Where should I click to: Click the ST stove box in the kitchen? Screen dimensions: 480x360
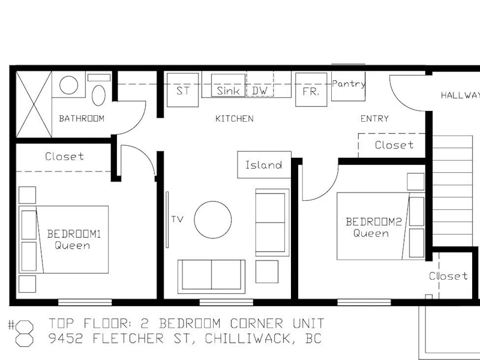(x=183, y=89)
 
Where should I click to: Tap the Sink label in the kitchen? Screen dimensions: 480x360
(x=228, y=91)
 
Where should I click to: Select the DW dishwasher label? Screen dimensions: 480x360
(x=260, y=91)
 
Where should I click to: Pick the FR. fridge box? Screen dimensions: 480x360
(x=311, y=89)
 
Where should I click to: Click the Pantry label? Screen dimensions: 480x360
(x=349, y=84)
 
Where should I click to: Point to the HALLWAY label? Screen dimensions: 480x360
(x=460, y=95)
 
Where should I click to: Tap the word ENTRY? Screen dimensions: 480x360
(x=374, y=118)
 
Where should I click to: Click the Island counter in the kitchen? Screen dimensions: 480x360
(x=264, y=164)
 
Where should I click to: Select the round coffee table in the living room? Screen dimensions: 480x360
(x=213, y=220)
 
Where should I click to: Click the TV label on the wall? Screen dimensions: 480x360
(x=177, y=219)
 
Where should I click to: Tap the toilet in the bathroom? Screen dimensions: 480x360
(x=98, y=95)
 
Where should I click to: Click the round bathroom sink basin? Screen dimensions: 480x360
(x=68, y=85)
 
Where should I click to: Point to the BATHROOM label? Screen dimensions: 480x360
(x=82, y=118)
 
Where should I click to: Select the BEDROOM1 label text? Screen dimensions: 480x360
(x=74, y=234)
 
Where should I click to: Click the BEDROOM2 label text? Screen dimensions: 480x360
(x=373, y=221)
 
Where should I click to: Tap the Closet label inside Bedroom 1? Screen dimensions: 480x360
(x=64, y=157)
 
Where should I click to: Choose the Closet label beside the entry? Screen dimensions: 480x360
(x=394, y=145)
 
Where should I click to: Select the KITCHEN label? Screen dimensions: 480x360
(x=234, y=118)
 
